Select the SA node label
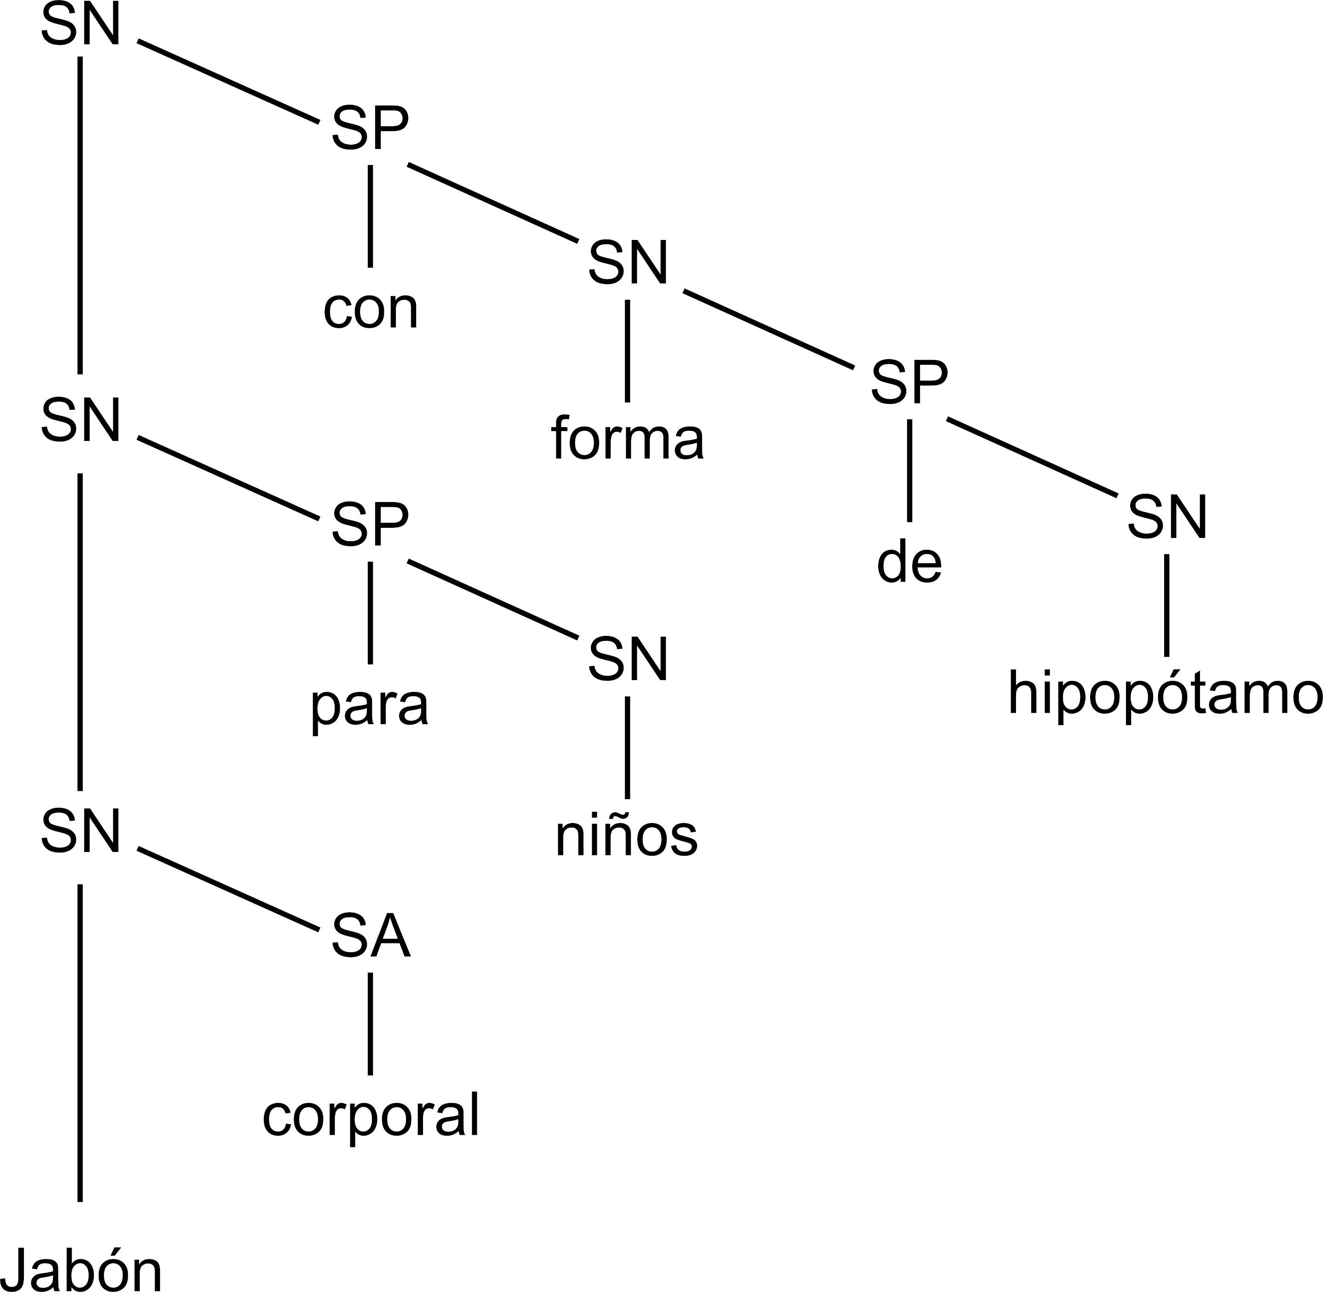371,938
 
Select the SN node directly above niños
628,660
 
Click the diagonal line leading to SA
229,890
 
